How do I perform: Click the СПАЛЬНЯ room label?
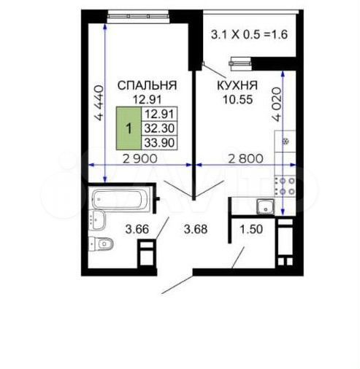147,85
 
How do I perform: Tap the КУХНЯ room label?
237,85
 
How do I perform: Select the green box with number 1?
129,128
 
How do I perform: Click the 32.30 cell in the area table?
159,128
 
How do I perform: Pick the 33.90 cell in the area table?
159,142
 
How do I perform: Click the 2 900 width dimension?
140,159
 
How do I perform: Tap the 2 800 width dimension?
246,159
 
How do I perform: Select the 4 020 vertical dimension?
277,104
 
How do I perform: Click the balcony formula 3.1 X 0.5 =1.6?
249,34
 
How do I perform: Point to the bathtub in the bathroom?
118,199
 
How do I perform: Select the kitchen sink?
265,207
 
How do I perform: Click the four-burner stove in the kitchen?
286,187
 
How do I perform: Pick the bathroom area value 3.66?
137,229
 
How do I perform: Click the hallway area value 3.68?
196,229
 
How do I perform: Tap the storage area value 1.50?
251,229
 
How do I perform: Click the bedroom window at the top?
138,16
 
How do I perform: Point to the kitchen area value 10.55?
238,99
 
